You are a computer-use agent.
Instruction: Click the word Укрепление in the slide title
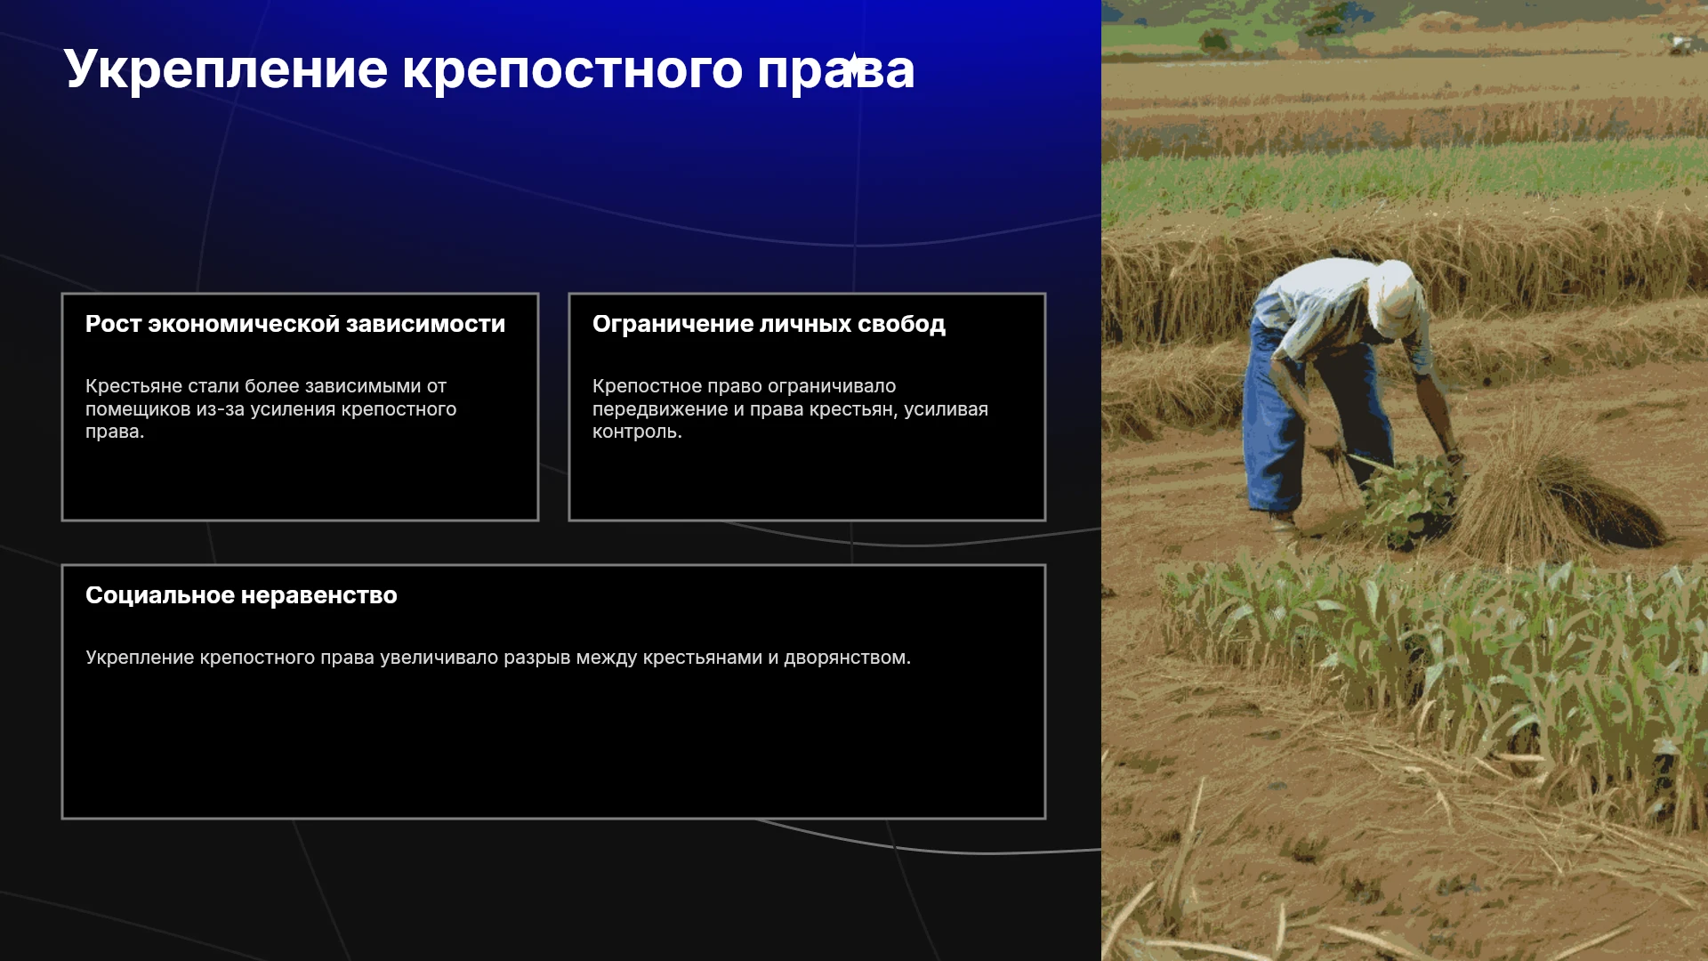tap(226, 69)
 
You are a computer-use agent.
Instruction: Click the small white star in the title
tap(853, 67)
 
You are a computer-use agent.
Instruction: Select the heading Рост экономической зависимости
tap(295, 324)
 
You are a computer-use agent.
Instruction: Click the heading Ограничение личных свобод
tap(769, 324)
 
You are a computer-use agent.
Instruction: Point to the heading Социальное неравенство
tap(241, 595)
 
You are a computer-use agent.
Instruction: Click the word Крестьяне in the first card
tap(133, 386)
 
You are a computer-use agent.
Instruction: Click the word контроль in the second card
tap(635, 432)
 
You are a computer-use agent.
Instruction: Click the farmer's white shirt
tap(1325, 307)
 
